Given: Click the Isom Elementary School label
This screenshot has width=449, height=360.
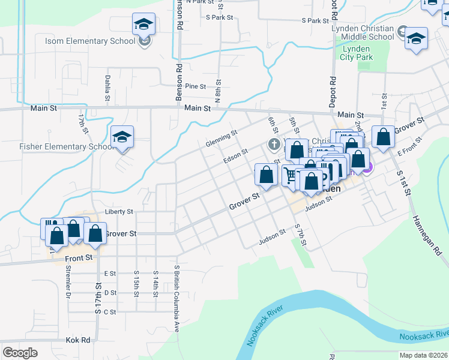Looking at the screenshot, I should pos(90,41).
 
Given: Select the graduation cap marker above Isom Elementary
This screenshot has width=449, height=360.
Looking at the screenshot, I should pos(143,25).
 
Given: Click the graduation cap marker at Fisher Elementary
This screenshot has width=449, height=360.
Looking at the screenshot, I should pos(122,137).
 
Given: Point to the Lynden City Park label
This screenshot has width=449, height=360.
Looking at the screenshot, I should pos(357,53).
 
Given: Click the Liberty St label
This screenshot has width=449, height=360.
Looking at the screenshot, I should pos(119,212).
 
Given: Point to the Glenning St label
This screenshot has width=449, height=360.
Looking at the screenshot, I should pos(221,140).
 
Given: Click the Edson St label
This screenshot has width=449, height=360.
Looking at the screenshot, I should pos(235,157).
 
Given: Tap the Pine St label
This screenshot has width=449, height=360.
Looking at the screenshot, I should pos(195,86).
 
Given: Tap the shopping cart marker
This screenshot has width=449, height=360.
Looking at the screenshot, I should pos(291,176).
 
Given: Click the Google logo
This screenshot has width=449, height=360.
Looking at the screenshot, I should pos(20,352).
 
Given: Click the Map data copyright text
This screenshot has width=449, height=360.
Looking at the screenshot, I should pos(423,355).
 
